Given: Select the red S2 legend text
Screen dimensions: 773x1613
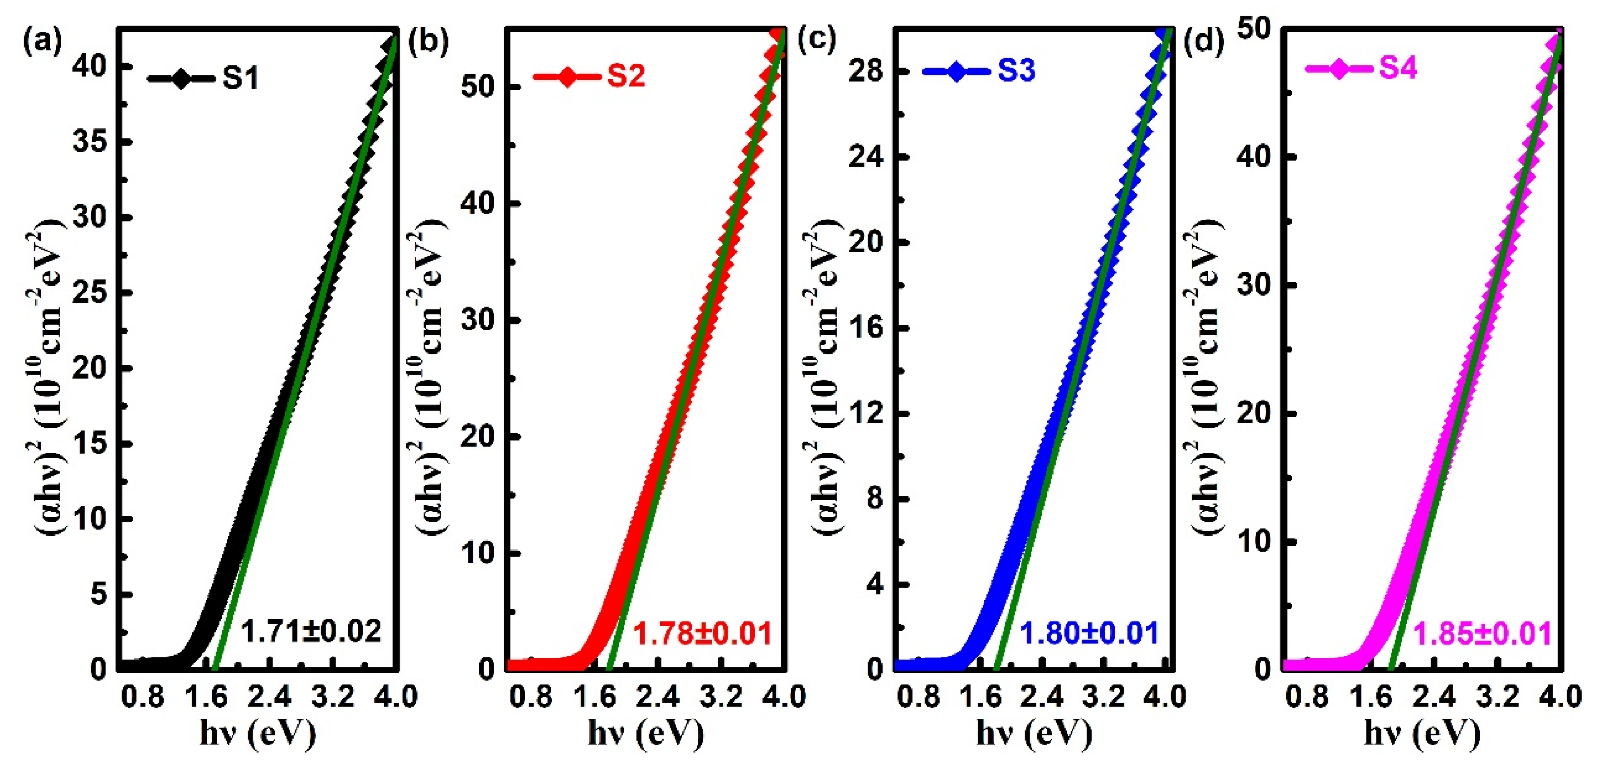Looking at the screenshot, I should [626, 76].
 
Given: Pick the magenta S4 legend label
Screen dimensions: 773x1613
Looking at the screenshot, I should [1398, 68].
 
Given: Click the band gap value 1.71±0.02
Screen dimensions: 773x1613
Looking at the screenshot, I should [311, 631].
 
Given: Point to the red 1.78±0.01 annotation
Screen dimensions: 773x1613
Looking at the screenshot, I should [703, 633].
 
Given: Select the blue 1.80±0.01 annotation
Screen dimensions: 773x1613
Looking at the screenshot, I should [1089, 633].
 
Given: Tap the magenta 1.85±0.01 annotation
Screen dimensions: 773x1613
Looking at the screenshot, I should [1482, 634].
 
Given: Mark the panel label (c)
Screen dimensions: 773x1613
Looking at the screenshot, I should [816, 39].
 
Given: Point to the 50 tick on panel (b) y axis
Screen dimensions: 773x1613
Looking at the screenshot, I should [478, 87].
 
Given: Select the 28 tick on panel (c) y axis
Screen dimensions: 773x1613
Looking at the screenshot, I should [865, 71].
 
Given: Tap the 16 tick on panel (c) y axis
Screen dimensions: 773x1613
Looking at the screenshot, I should [865, 328].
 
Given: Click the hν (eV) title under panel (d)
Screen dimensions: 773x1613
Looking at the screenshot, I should [1423, 732].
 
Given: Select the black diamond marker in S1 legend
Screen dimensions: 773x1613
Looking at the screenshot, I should [181, 79].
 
